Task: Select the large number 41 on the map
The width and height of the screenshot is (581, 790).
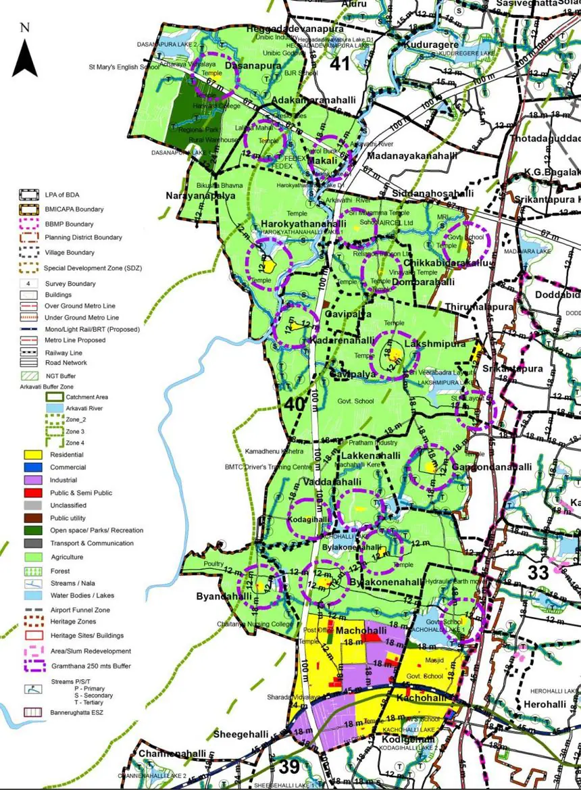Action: [x=340, y=64]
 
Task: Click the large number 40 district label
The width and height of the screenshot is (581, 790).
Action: [x=295, y=404]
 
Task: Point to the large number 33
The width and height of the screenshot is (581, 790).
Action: [x=538, y=573]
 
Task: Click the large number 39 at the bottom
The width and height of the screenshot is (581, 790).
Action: [x=289, y=767]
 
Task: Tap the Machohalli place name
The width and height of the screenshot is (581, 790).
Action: [x=361, y=631]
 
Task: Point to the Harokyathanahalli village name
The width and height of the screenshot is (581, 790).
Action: [x=299, y=224]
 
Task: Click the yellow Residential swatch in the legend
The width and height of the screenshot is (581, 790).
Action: [x=33, y=455]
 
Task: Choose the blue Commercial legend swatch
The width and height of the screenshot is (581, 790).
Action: [x=33, y=467]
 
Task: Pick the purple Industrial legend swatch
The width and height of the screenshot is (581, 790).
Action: [x=33, y=480]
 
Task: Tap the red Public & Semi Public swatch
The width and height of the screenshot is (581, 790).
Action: [x=33, y=493]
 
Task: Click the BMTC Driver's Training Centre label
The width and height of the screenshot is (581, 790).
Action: [x=268, y=467]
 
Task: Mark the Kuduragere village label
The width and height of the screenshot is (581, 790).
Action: [x=432, y=45]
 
